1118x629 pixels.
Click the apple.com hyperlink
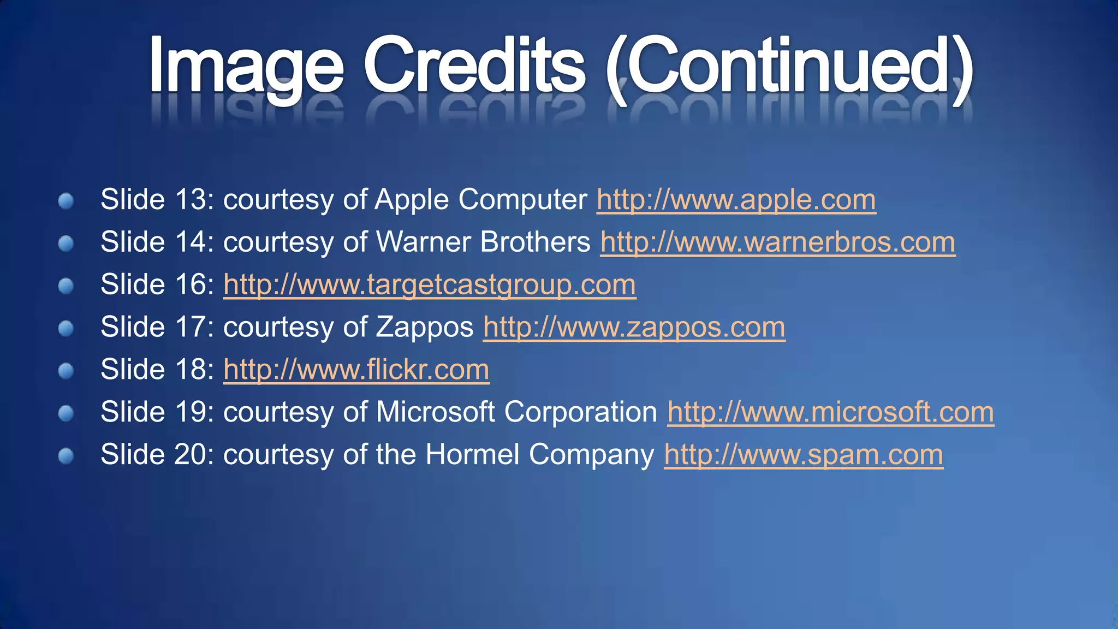point(736,200)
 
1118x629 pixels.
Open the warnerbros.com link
point(777,242)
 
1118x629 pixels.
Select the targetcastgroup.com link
point(430,285)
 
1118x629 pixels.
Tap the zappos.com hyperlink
point(634,328)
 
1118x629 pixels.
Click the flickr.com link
point(356,370)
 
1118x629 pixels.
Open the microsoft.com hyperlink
point(830,412)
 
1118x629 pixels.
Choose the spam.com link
point(803,455)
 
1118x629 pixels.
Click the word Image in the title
point(246,67)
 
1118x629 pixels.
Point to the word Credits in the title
point(475,67)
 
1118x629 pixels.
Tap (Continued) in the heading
point(789,67)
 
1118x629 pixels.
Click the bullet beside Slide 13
point(66,200)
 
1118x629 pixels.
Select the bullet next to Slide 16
point(66,286)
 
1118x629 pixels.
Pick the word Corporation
point(580,412)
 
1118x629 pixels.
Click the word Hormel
point(472,455)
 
